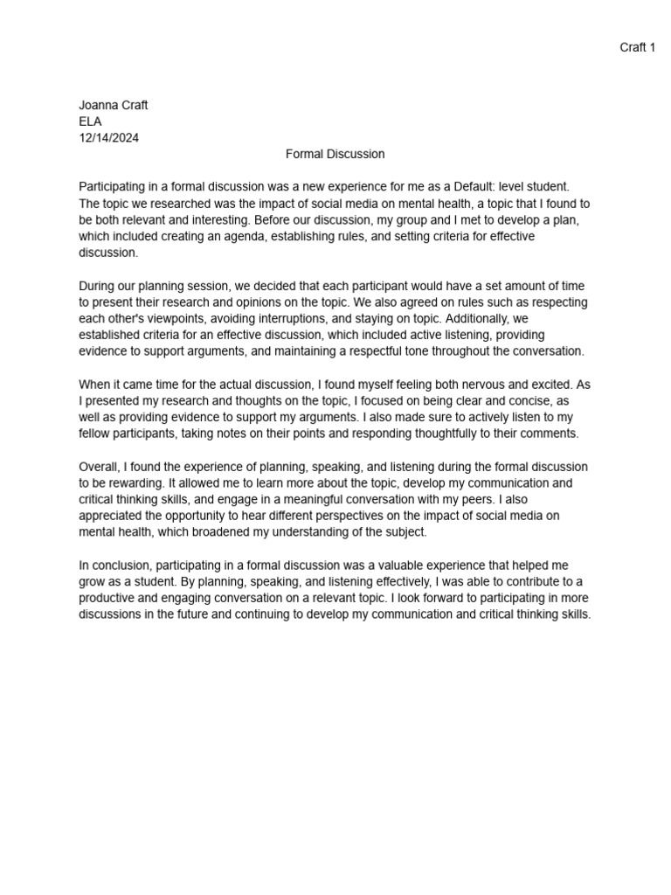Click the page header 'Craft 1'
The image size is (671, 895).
point(637,47)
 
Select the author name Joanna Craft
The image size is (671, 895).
point(114,105)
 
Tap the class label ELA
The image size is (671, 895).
point(90,121)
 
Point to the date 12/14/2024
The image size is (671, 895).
point(108,137)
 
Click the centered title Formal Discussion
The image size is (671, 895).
point(335,154)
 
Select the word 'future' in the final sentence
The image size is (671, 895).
point(220,614)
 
